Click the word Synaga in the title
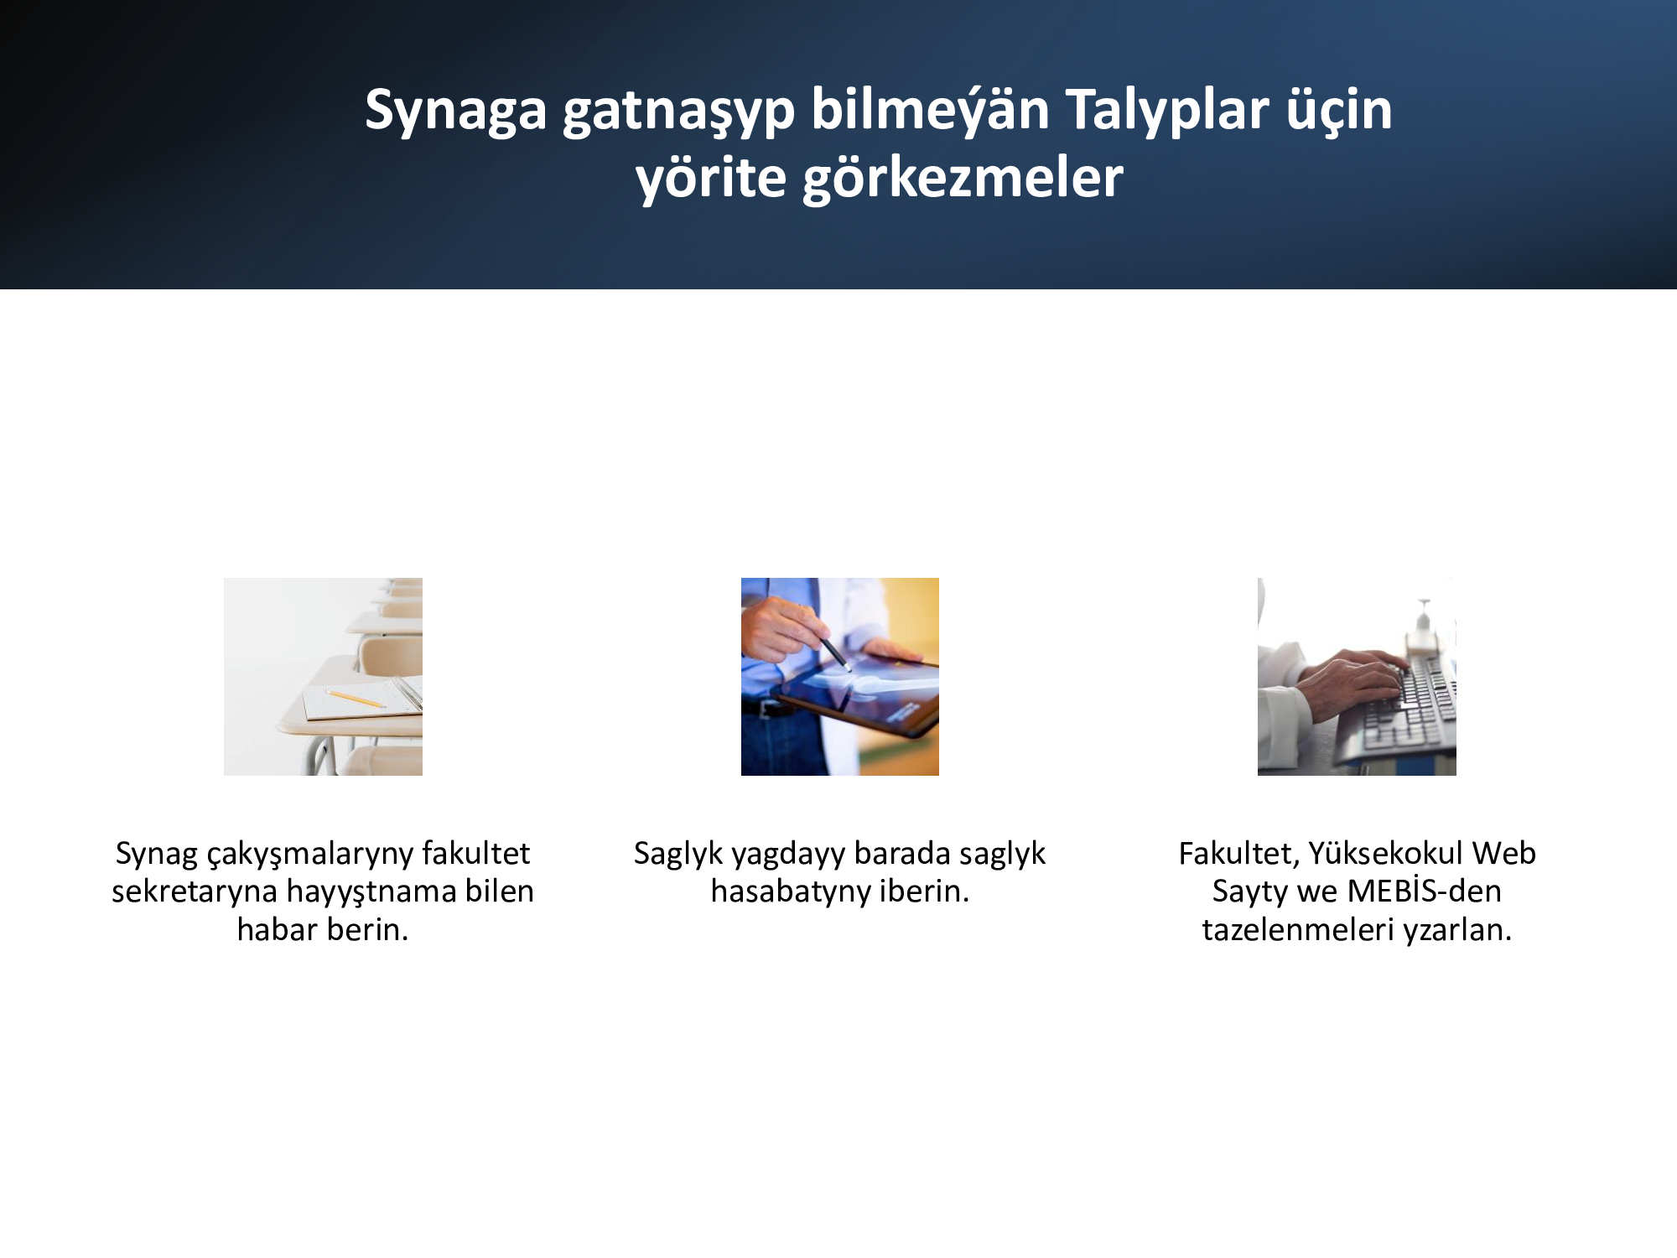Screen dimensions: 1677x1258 [x=455, y=111]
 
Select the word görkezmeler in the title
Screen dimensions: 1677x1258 [x=963, y=178]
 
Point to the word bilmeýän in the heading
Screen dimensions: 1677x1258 [x=930, y=109]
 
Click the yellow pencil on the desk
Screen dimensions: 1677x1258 [x=356, y=699]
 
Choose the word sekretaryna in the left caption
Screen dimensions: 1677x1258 [x=195, y=891]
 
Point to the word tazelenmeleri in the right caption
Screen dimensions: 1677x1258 [x=1298, y=929]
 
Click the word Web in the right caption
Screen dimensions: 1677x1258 [x=1504, y=853]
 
